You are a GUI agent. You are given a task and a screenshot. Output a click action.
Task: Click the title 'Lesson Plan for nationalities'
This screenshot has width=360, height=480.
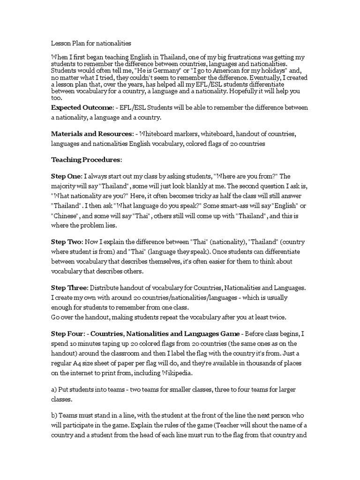(x=90, y=43)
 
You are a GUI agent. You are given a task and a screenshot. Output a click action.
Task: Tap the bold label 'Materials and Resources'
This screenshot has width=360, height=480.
(x=87, y=134)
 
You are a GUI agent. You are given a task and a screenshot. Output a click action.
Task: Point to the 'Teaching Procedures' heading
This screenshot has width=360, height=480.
(x=86, y=159)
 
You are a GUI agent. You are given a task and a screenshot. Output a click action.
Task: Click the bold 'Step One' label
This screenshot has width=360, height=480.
(x=66, y=176)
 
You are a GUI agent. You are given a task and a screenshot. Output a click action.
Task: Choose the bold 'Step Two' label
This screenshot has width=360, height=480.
(x=66, y=241)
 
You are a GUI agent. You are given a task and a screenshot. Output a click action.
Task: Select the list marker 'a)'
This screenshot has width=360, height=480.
(x=54, y=390)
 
